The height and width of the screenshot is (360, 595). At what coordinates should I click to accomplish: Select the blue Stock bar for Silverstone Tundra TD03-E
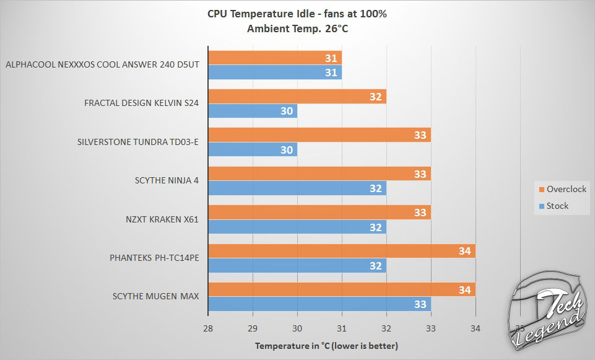(253, 149)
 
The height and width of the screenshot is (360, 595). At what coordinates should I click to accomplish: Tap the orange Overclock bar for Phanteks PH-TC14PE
(342, 251)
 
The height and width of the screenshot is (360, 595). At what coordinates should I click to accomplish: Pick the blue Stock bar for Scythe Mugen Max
(319, 304)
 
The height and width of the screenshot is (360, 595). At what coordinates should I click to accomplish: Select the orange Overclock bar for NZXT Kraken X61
(319, 213)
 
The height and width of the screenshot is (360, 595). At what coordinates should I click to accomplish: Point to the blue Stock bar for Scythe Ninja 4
(297, 188)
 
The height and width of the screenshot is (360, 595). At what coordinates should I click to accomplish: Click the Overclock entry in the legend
(562, 189)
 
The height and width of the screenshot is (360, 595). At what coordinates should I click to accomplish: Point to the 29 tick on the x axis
(253, 328)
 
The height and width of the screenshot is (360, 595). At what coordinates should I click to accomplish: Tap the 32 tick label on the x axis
(386, 328)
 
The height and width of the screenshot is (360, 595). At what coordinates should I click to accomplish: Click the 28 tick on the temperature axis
(208, 328)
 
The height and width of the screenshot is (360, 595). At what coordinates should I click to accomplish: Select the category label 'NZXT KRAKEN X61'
(162, 219)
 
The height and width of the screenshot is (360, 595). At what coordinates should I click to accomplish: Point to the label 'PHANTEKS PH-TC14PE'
(156, 258)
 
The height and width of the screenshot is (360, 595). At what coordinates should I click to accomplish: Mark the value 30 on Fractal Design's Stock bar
(287, 111)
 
